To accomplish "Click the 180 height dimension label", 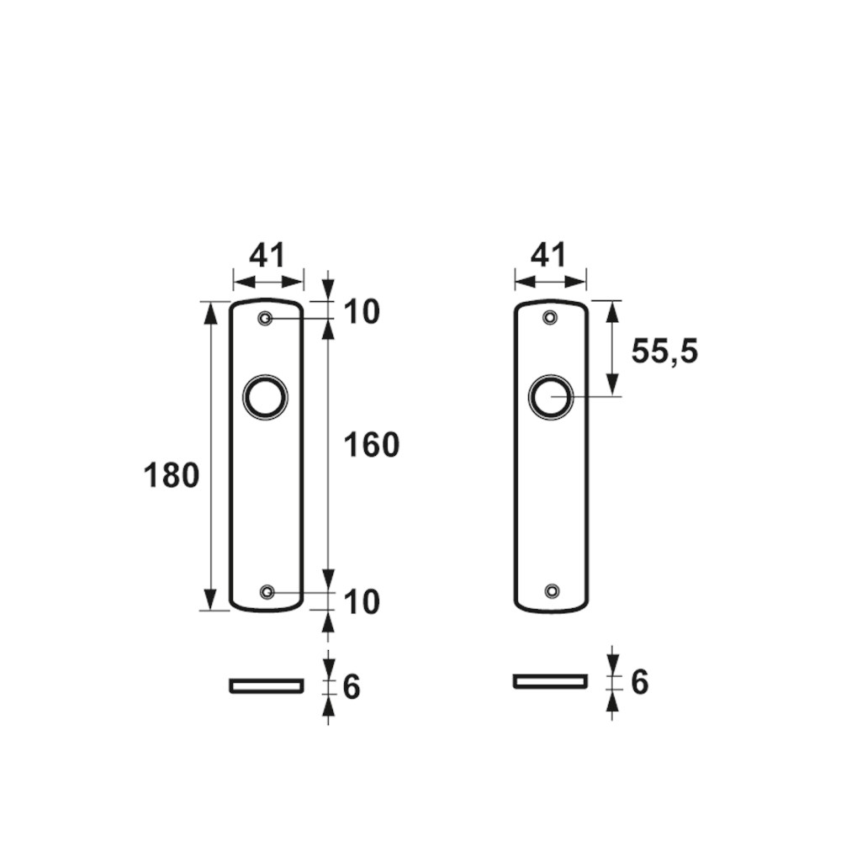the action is coord(172,475).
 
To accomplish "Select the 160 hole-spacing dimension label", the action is coord(372,445).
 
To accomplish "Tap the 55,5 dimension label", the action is coord(664,352).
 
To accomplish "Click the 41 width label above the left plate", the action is coord(267,256).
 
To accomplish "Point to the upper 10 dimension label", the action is coord(362,312).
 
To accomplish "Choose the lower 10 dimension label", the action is coord(362,601).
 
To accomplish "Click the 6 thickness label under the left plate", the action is coord(352,686).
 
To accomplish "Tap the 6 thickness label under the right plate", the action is coord(639,682).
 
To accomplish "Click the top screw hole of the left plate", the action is coord(265,319).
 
